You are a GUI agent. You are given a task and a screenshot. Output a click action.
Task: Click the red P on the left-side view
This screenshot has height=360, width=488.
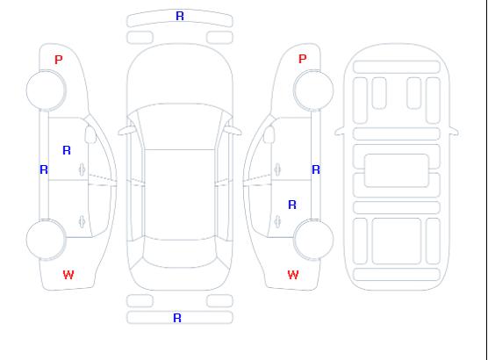click(59, 60)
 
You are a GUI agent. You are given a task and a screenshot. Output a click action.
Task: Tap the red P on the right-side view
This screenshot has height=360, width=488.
click(302, 59)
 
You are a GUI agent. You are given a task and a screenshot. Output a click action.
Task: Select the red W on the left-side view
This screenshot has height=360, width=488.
click(68, 275)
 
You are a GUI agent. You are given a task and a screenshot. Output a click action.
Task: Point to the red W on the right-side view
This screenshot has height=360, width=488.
click(293, 275)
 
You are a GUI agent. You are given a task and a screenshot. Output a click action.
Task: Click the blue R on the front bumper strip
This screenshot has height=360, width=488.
click(180, 16)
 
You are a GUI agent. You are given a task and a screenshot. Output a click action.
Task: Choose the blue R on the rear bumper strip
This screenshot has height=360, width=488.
click(177, 318)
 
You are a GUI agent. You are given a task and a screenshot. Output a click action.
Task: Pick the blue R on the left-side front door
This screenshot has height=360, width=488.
click(67, 150)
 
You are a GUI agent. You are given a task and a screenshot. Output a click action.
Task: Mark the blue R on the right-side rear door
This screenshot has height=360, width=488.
click(292, 205)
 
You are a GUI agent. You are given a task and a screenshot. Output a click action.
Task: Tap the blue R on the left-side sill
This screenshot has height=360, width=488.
click(44, 169)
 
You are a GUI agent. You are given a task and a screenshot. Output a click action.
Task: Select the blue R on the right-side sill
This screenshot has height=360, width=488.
click(316, 169)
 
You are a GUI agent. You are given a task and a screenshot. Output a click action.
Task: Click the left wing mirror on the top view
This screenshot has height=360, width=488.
click(126, 131)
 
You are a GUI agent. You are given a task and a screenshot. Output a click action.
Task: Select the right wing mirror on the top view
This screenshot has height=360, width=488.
click(233, 131)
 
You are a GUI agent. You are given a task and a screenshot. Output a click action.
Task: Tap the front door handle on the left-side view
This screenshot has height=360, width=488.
click(82, 169)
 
